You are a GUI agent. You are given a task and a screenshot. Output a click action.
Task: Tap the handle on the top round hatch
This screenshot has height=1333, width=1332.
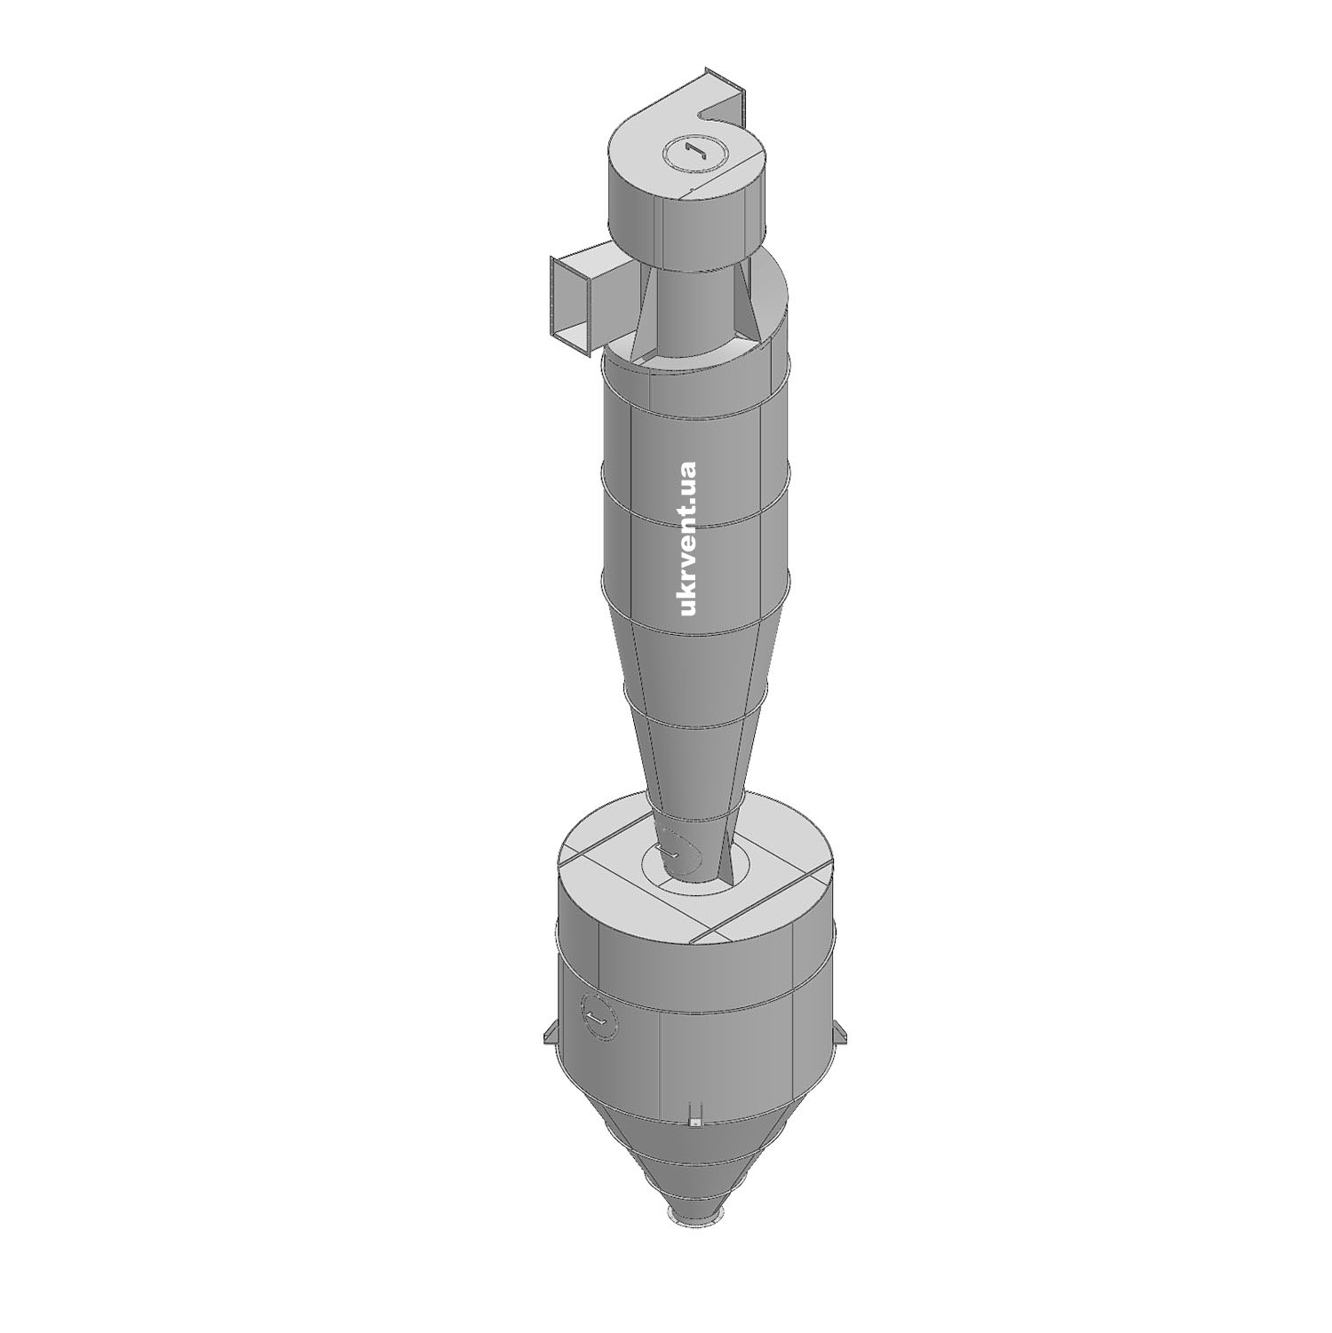(694, 152)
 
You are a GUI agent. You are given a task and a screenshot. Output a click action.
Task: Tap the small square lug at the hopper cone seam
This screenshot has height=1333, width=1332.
(696, 1123)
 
